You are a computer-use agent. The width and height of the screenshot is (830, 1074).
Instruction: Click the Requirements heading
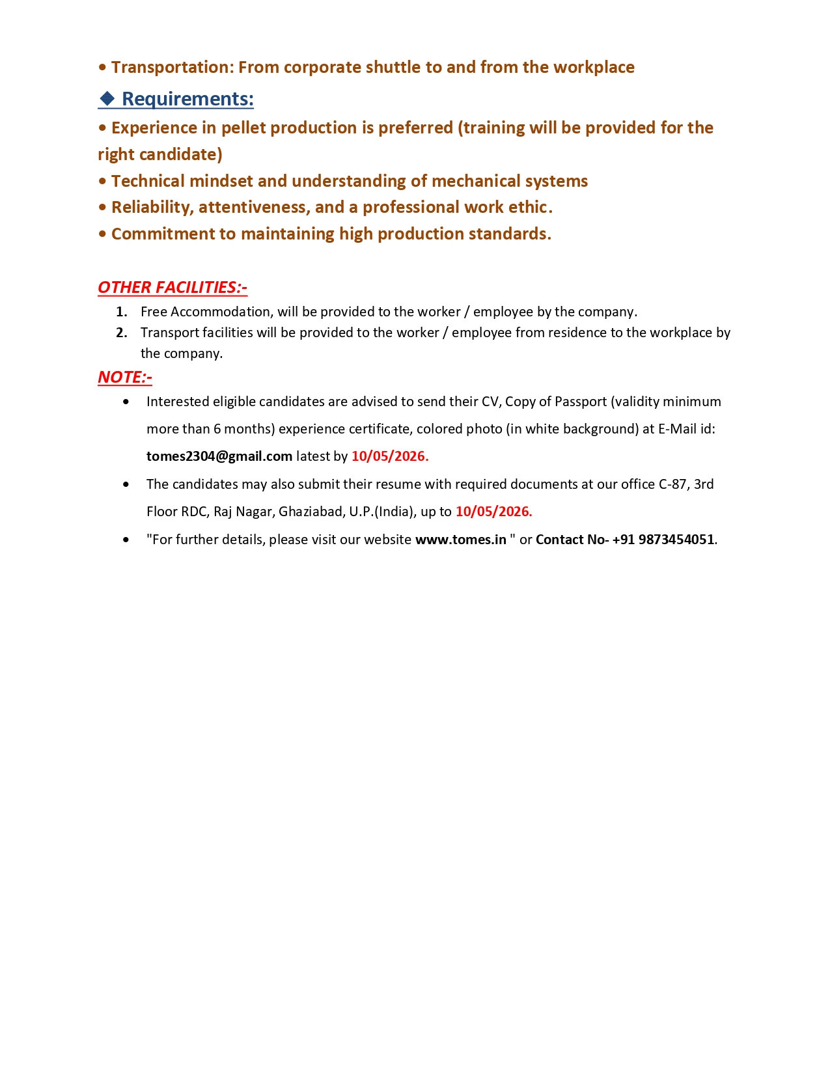[x=187, y=99]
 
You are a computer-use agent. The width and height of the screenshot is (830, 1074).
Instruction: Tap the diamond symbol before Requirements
[x=107, y=99]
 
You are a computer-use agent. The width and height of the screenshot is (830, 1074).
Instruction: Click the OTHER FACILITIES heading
[x=173, y=287]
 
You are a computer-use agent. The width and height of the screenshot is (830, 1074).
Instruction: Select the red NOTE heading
[x=125, y=377]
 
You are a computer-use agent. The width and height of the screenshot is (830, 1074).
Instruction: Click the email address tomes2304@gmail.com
[x=219, y=456]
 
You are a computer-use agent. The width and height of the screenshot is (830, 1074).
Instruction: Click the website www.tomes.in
[x=461, y=540]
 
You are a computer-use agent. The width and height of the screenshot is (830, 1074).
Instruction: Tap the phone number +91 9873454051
[x=663, y=540]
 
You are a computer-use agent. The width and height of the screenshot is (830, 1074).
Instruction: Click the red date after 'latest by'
[x=390, y=456]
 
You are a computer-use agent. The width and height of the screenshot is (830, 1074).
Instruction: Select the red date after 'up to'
[x=493, y=512]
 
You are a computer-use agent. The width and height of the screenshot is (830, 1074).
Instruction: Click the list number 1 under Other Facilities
[x=121, y=312]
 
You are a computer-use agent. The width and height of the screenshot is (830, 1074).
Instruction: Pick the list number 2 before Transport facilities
[x=121, y=333]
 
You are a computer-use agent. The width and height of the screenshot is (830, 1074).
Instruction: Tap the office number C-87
[x=672, y=484]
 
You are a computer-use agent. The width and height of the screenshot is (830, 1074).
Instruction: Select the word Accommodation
[x=220, y=312]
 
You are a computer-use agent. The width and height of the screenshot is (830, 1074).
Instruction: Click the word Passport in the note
[x=581, y=402]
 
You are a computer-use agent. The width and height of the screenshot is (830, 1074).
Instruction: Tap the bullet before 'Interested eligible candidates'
[x=126, y=402]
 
